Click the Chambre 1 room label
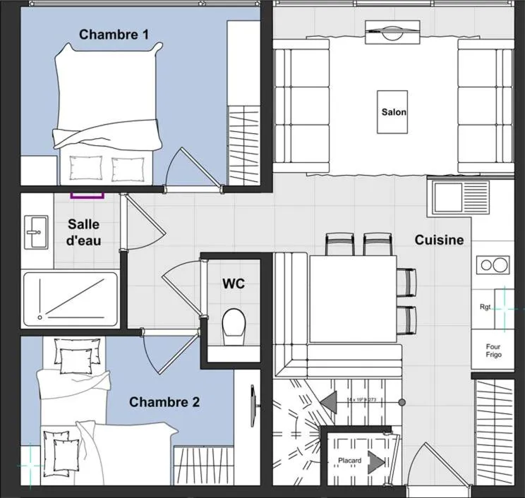tap(114, 34)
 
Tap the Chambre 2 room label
tap(164, 402)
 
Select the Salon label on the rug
tap(394, 111)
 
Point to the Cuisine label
tap(439, 240)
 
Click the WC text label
tap(234, 284)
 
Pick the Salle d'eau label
tap(84, 233)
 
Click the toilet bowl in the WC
tap(233, 326)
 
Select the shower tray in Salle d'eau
tap(70, 299)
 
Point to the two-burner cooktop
tap(493, 265)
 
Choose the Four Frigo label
tap(493, 351)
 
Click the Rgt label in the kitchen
tap(485, 308)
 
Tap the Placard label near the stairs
tap(349, 461)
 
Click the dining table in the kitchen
tap(353, 298)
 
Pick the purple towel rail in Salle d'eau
tap(87, 193)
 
